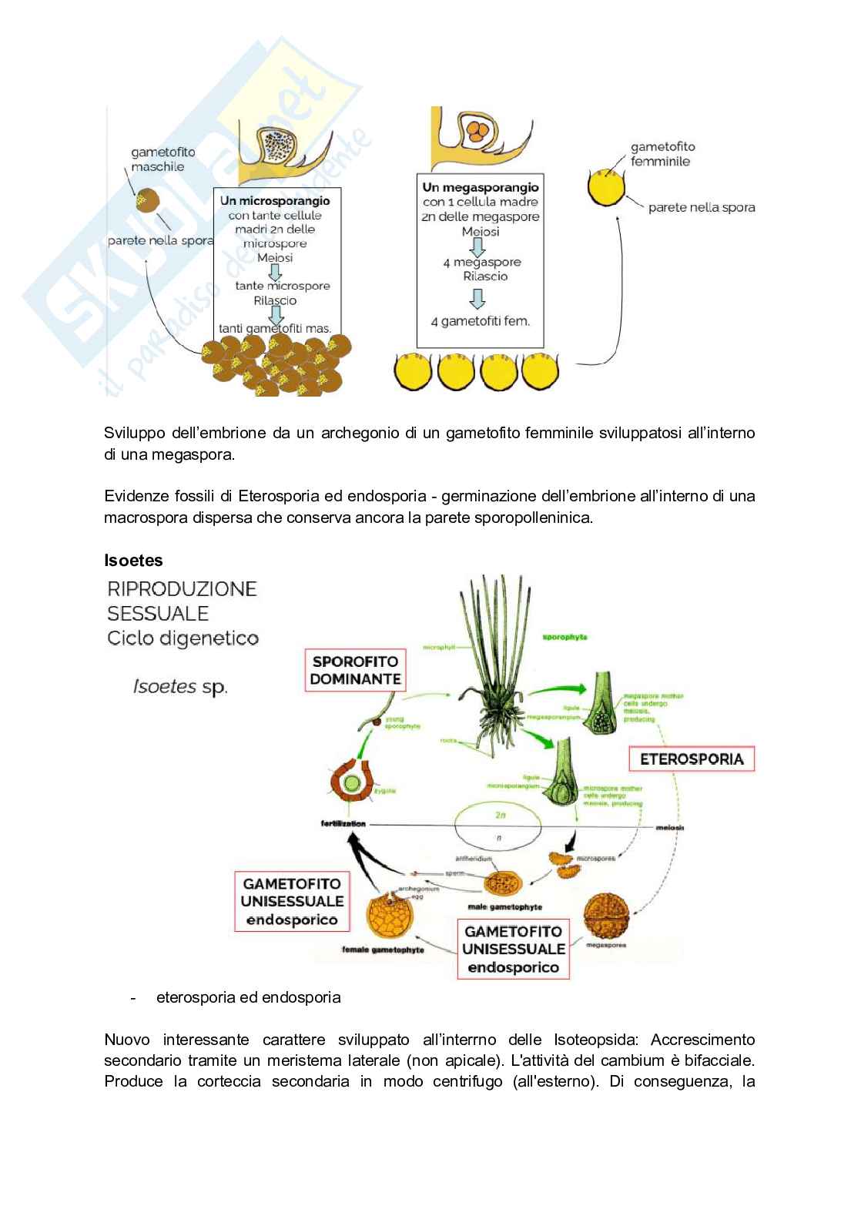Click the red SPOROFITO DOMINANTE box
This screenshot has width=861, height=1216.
[x=355, y=670]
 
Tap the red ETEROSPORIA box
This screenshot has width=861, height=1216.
[x=692, y=759]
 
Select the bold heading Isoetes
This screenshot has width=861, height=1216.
[x=133, y=561]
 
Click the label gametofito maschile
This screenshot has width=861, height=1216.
[x=162, y=159]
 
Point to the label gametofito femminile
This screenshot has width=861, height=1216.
[x=662, y=154]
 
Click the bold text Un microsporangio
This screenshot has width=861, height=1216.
[x=275, y=201]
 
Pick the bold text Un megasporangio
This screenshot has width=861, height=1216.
[x=481, y=187]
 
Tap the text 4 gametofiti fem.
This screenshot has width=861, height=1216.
[x=481, y=321]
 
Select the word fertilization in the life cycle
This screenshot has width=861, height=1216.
[x=343, y=824]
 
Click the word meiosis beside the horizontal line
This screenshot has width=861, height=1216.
[x=670, y=828]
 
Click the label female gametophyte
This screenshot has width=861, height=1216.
[x=383, y=950]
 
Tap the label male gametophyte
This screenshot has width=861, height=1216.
[x=504, y=906]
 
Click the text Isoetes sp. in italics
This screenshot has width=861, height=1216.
[x=180, y=686]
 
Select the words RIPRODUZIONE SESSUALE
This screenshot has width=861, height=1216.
[x=182, y=601]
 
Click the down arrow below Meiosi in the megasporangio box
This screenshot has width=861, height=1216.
[x=478, y=246]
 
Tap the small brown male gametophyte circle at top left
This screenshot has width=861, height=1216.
[x=148, y=200]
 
